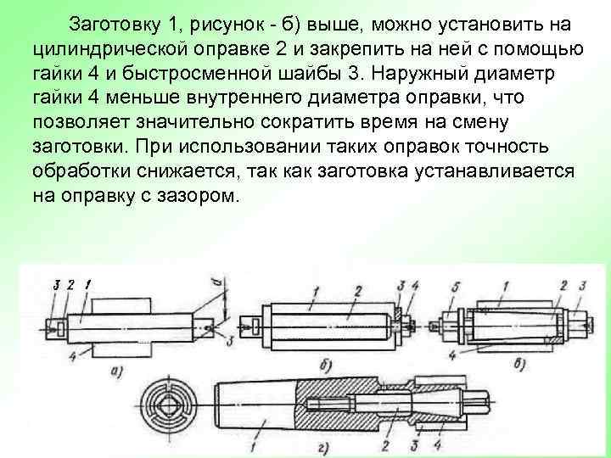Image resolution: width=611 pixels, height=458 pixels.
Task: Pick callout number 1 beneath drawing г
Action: [255, 444]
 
